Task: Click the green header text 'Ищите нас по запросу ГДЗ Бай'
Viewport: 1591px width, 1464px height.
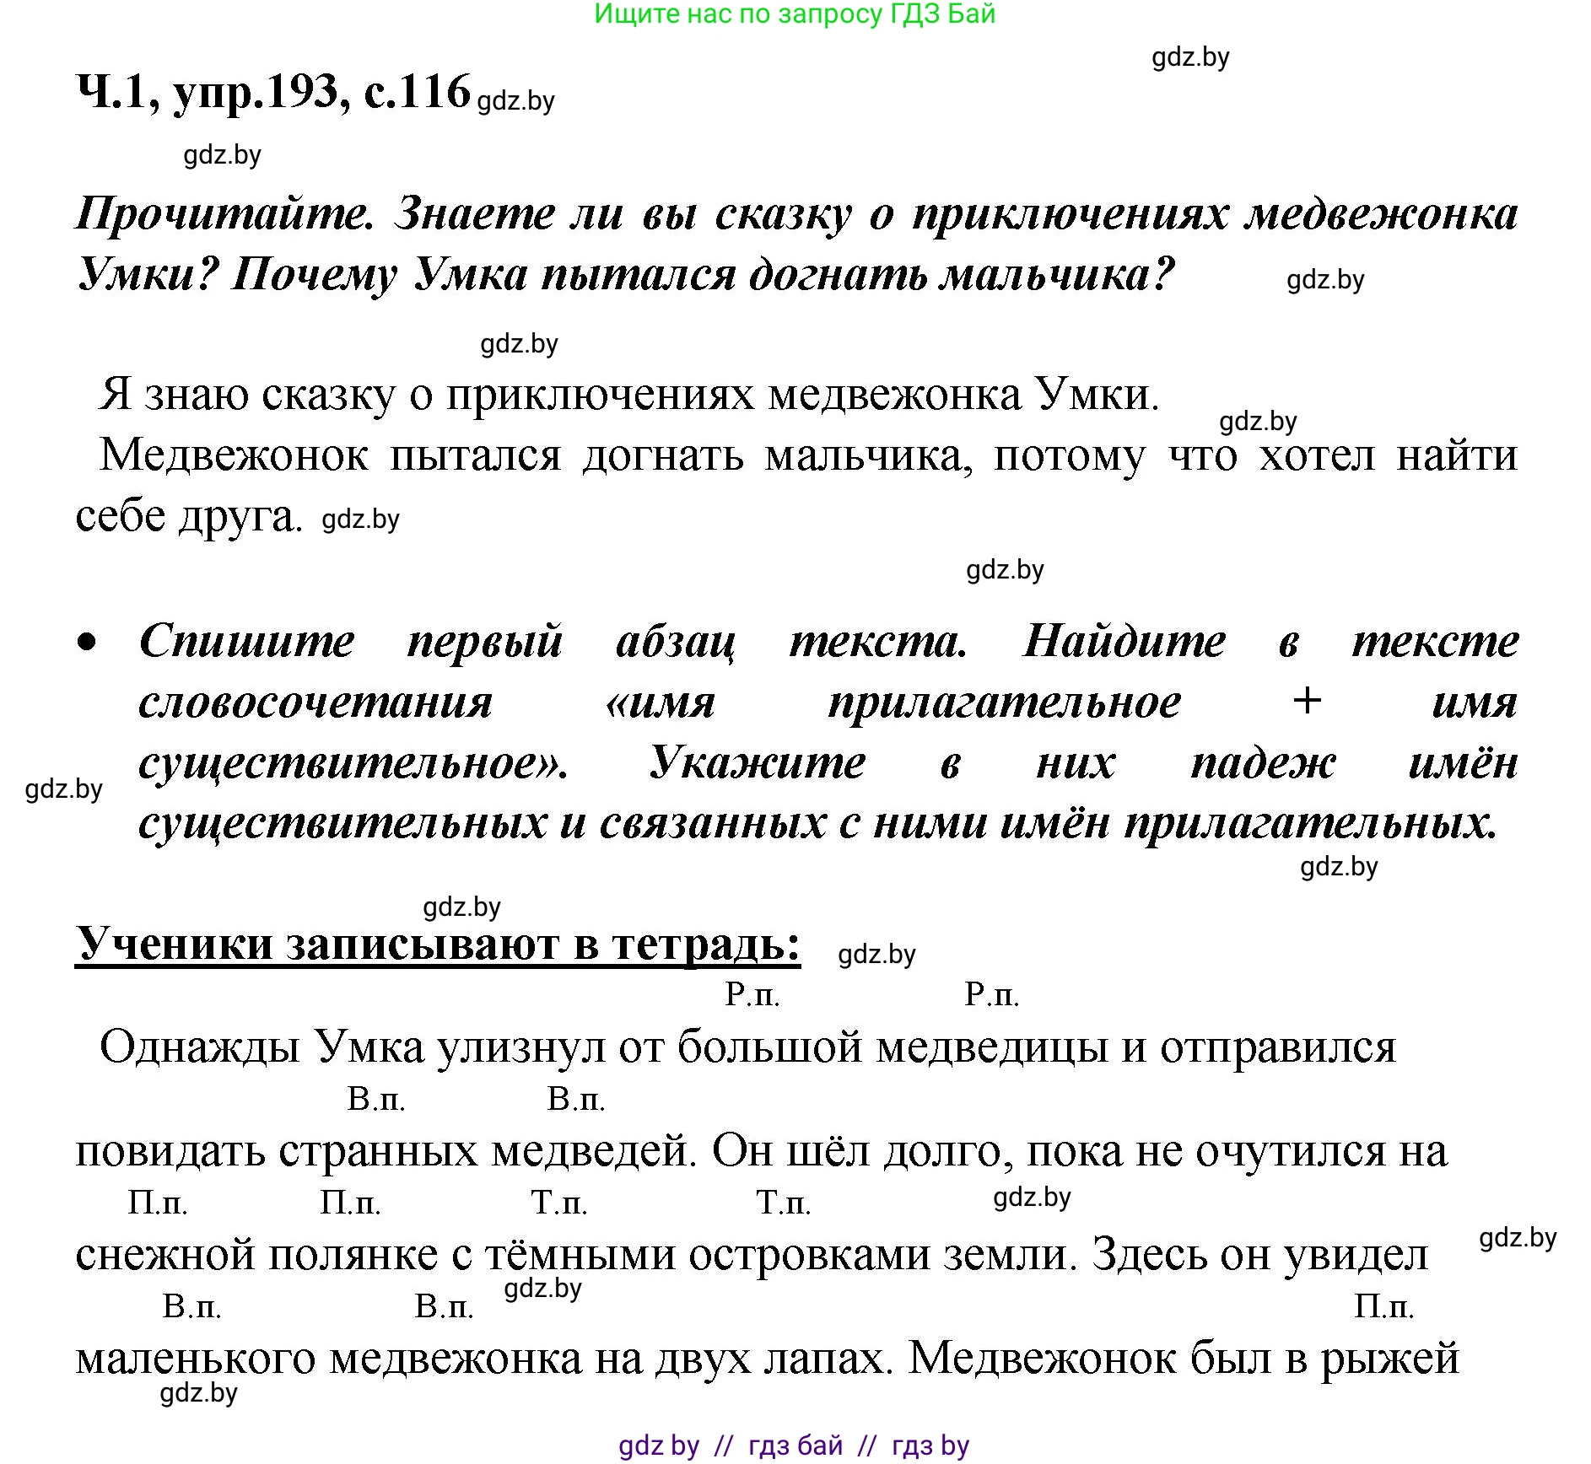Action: pyautogui.click(x=795, y=14)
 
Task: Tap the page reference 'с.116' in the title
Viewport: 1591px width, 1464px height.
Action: pyautogui.click(x=417, y=91)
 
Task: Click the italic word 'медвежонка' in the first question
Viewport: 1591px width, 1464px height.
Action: pyautogui.click(x=1383, y=214)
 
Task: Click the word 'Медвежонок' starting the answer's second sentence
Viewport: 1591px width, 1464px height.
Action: pyautogui.click(x=234, y=456)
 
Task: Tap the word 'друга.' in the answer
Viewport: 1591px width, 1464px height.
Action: pyautogui.click(x=240, y=517)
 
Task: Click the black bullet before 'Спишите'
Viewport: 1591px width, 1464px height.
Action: pyautogui.click(x=87, y=643)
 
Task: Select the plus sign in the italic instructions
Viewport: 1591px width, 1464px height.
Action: pyautogui.click(x=1307, y=702)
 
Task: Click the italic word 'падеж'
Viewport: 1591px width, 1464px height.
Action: pyautogui.click(x=1262, y=763)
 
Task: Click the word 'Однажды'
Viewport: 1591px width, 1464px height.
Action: pyautogui.click(x=200, y=1048)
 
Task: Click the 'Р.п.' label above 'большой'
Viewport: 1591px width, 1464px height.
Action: pyautogui.click(x=752, y=995)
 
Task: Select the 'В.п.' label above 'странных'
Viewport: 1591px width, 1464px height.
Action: pyautogui.click(x=376, y=1099)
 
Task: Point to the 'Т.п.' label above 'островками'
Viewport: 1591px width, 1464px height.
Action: pyautogui.click(x=784, y=1203)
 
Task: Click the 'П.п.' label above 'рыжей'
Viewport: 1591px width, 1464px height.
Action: pyautogui.click(x=1383, y=1306)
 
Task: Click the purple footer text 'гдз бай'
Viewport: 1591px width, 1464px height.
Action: pyautogui.click(x=795, y=1445)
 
